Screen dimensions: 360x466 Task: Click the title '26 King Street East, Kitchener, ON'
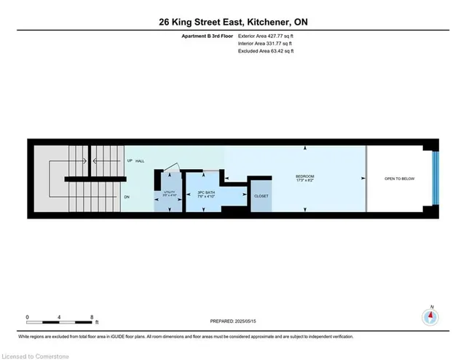click(232, 23)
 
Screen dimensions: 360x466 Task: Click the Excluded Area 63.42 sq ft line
click(266, 51)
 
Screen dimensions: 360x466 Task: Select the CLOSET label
click(260, 196)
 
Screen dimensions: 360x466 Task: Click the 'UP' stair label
click(130, 160)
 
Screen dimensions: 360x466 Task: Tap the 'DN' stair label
click(127, 197)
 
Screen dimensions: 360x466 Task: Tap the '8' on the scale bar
click(92, 317)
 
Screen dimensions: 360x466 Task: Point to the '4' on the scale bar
click(60, 317)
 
